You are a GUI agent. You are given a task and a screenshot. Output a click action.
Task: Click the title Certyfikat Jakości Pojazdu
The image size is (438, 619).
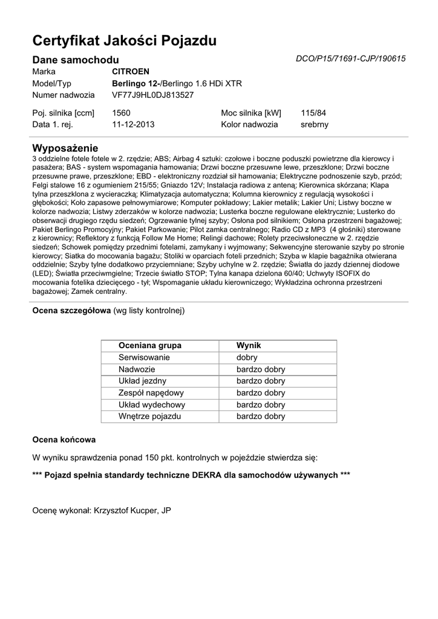(x=124, y=41)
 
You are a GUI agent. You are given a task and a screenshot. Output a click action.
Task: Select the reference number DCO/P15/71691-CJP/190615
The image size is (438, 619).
(x=350, y=59)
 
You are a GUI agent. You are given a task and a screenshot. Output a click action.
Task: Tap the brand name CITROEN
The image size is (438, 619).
(x=131, y=71)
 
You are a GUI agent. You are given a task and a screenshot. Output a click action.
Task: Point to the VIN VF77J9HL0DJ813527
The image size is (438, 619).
(x=153, y=95)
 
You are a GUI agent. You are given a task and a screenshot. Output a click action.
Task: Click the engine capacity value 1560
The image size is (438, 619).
(x=122, y=113)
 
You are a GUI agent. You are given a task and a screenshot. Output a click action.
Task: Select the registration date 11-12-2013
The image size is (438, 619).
(x=134, y=125)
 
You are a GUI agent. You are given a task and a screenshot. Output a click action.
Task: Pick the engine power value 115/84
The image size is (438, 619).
(x=313, y=113)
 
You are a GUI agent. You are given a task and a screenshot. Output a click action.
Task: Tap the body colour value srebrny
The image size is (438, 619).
(x=315, y=125)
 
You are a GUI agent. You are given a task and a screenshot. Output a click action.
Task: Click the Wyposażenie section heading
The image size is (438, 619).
(x=65, y=148)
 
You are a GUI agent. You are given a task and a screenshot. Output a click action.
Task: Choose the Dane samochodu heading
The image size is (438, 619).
(x=75, y=60)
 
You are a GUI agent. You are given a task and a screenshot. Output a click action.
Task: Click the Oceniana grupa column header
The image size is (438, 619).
(x=150, y=345)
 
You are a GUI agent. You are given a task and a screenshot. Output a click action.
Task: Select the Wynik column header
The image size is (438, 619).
(x=248, y=345)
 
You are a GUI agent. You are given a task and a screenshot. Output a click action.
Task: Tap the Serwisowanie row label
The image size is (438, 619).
(x=145, y=357)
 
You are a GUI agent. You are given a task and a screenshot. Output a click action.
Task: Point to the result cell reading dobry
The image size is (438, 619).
(x=247, y=357)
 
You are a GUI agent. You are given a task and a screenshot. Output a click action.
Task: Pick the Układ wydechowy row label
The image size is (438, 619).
(x=152, y=404)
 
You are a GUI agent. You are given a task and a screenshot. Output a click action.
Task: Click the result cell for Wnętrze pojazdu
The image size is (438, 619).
(x=261, y=416)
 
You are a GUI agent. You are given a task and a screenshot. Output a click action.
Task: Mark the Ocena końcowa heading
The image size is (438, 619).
(x=64, y=439)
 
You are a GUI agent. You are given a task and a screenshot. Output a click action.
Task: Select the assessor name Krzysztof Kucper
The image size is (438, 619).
(x=125, y=511)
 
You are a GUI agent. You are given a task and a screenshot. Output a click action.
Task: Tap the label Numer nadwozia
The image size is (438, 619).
(x=64, y=95)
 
